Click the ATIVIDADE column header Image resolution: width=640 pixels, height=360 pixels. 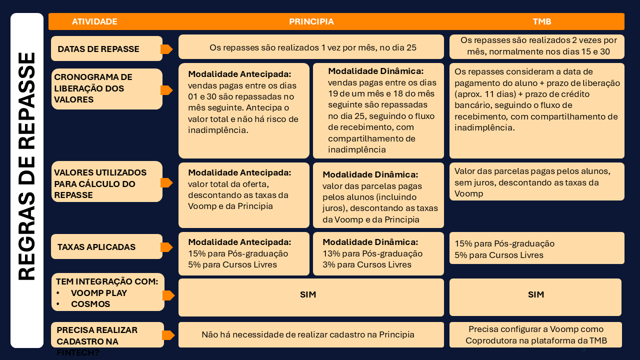pyautogui.click(x=94, y=21)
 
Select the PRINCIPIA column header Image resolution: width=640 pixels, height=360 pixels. pyautogui.click(x=311, y=21)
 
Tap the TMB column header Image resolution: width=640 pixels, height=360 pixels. pyautogui.click(x=542, y=21)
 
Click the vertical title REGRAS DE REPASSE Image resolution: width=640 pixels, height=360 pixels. pyautogui.click(x=27, y=166)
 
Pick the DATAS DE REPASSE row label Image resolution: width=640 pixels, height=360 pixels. pyautogui.click(x=98, y=49)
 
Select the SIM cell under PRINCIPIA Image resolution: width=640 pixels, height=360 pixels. pyautogui.click(x=308, y=295)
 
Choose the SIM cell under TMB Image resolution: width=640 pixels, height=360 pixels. pyautogui.click(x=535, y=295)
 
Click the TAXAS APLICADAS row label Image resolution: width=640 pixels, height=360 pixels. pyautogui.click(x=96, y=247)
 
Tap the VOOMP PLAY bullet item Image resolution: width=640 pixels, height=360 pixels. pyautogui.click(x=99, y=293)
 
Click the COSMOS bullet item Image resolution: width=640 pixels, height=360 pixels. pyautogui.click(x=90, y=304)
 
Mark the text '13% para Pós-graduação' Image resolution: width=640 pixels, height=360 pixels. pyautogui.click(x=372, y=253)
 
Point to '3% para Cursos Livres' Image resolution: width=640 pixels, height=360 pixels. pyautogui.click(x=367, y=264)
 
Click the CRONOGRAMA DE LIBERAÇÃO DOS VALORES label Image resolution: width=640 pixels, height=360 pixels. pyautogui.click(x=93, y=88)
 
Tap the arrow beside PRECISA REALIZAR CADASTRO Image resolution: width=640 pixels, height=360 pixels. pyautogui.click(x=168, y=335)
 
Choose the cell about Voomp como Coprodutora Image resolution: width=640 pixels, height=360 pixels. pyautogui.click(x=535, y=335)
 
